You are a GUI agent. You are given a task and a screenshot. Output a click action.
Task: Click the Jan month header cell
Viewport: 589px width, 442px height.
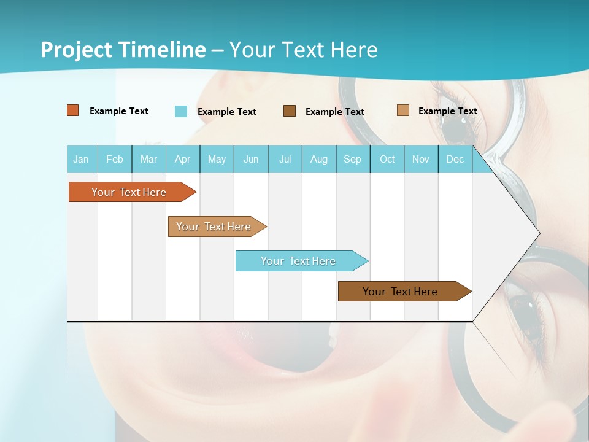pos(82,159)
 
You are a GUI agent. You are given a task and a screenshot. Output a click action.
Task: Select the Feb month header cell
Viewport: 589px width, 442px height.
pos(115,159)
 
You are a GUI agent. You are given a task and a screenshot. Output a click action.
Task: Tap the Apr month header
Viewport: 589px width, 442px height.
pos(183,159)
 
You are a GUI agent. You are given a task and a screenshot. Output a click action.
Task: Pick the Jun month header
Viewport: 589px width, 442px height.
pos(251,159)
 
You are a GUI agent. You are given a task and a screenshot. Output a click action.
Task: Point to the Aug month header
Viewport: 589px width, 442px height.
pos(319,159)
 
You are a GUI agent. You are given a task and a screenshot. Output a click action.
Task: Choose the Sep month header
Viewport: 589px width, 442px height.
pos(353,159)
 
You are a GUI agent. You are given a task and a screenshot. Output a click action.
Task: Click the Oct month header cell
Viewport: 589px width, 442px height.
pos(387,159)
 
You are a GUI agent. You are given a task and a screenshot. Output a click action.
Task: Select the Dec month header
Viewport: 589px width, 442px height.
pos(455,159)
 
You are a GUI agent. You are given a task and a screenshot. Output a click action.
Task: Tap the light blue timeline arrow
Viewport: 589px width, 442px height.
pos(299,261)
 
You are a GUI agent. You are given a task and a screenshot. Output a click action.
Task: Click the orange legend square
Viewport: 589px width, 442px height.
pos(73,110)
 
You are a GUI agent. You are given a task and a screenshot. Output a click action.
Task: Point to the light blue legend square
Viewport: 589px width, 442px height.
pos(181,111)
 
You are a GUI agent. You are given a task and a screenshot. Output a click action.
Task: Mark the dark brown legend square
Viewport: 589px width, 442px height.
pos(290,111)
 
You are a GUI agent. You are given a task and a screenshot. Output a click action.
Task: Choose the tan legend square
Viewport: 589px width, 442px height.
pos(403,110)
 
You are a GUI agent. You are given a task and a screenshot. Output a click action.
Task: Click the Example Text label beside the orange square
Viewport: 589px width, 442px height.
pos(119,111)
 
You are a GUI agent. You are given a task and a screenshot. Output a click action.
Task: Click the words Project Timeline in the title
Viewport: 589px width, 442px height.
pos(123,50)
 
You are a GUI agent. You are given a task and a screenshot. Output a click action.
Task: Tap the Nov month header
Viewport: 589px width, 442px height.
pos(421,159)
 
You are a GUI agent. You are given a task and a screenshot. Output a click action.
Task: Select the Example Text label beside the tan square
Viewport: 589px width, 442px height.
pos(448,111)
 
